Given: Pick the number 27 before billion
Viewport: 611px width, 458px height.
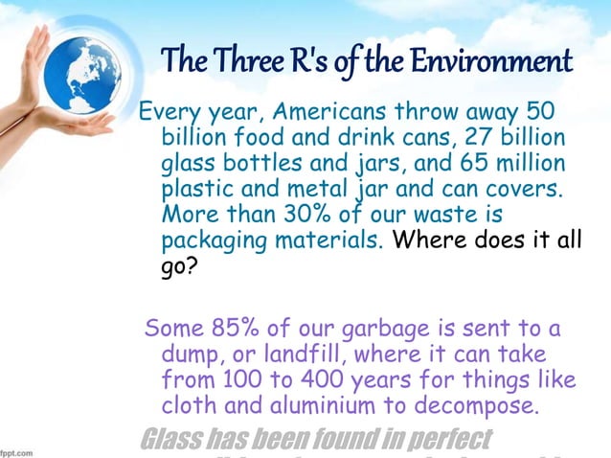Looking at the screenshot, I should pos(486,135).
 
